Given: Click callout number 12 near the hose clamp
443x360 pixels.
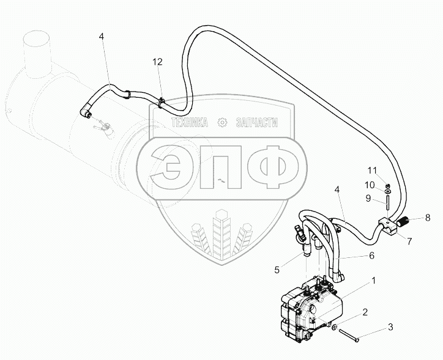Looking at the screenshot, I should [x=158, y=62].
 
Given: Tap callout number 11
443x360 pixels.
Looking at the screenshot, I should [x=371, y=169].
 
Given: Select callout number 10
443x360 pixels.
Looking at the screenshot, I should [x=371, y=185].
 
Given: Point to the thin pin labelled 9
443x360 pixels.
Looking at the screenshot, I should [x=387, y=198].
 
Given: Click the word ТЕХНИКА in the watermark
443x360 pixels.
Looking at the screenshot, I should [x=191, y=122].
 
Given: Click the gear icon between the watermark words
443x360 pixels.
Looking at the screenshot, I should [x=223, y=122].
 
